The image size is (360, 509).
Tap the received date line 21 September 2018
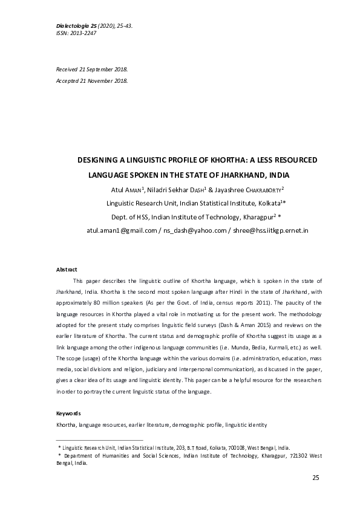(x=102, y=70)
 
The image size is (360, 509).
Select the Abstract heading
(x=67, y=269)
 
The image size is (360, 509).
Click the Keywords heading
(x=68, y=414)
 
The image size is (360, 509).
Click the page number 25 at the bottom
(x=315, y=478)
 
